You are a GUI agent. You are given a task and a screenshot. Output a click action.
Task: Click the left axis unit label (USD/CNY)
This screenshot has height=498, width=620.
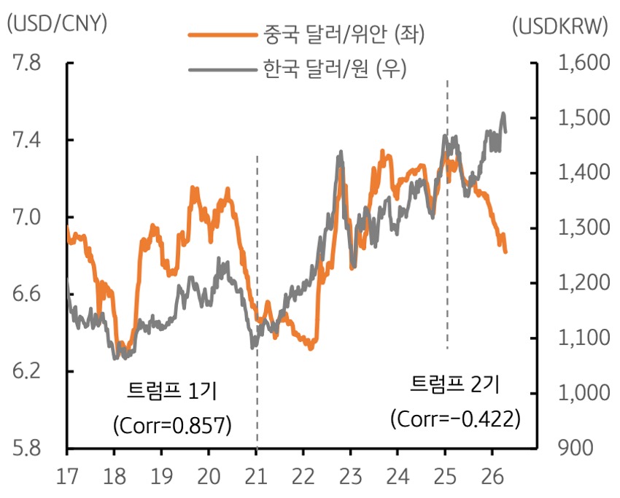tap(56, 24)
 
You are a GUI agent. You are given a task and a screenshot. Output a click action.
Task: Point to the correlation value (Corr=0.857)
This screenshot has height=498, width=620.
tap(172, 425)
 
